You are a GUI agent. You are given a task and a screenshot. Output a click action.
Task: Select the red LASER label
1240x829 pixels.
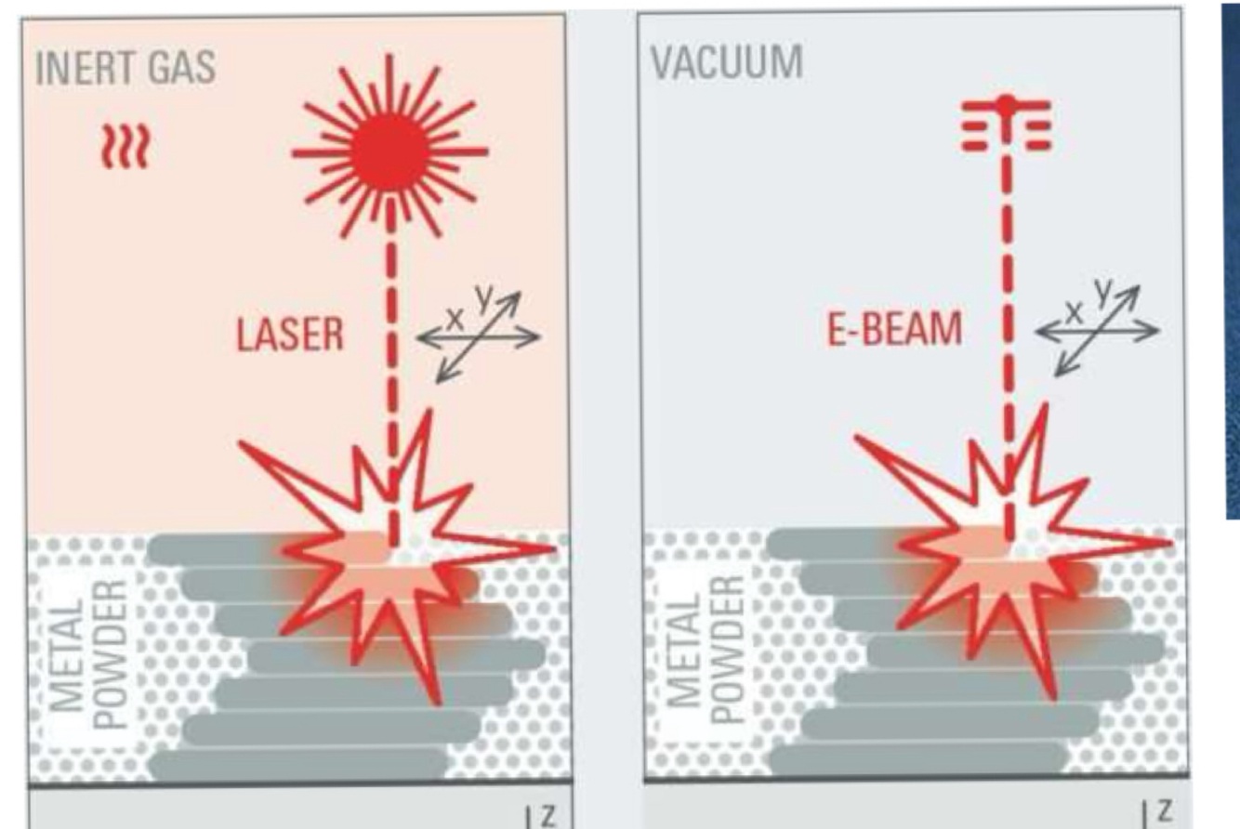click(289, 336)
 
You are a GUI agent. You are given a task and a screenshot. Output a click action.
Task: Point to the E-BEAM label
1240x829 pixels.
click(894, 332)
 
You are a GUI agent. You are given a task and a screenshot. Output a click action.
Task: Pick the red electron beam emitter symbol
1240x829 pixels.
click(1005, 124)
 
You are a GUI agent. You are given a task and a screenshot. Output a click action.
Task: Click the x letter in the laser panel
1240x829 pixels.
click(455, 317)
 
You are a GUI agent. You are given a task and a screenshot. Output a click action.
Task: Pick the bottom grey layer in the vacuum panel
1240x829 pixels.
click(916, 757)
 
